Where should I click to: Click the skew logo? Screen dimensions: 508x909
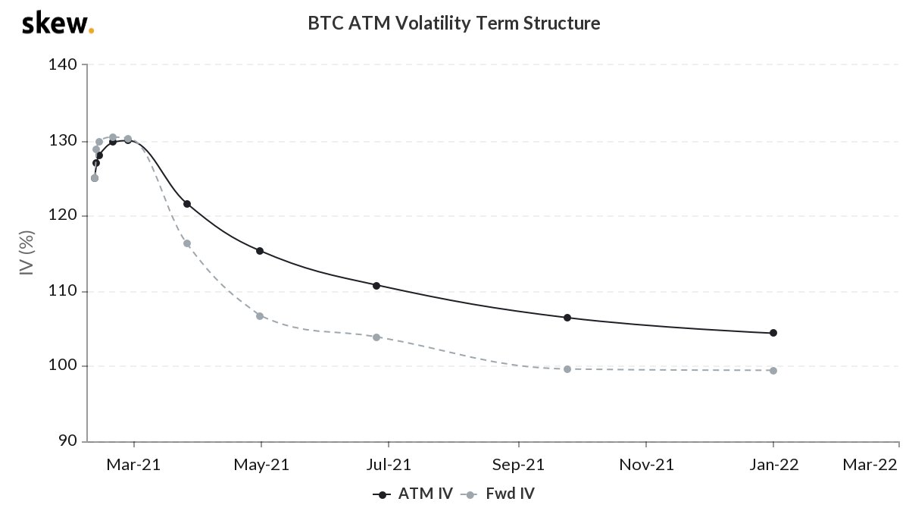click(58, 24)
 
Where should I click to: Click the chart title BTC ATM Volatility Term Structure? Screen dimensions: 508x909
click(454, 24)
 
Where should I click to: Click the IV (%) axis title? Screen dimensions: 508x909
click(27, 253)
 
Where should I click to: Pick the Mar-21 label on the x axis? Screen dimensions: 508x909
click(134, 464)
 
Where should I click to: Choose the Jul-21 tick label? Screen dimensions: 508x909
click(389, 464)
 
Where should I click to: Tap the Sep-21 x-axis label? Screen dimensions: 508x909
click(519, 464)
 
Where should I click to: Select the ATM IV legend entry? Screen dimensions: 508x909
click(413, 494)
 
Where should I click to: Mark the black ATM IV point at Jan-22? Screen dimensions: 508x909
click(773, 333)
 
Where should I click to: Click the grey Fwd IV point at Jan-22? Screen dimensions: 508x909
click(773, 371)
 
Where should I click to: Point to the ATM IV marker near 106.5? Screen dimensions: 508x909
click(567, 318)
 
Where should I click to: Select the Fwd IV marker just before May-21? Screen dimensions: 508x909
click(260, 315)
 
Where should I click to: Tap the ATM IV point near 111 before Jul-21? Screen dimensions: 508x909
click(376, 286)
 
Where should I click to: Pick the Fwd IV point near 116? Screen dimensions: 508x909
click(187, 243)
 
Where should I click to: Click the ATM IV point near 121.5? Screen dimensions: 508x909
click(187, 204)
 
